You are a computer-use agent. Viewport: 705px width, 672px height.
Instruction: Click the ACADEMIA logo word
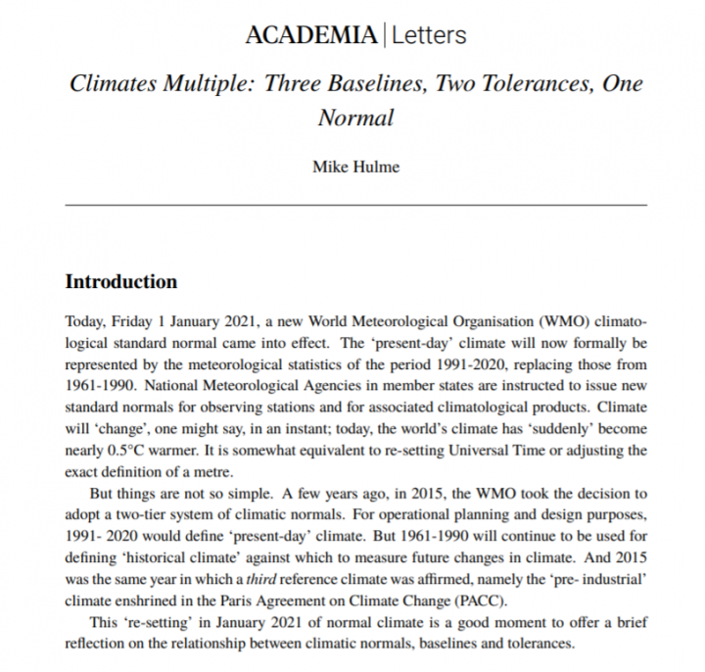(x=310, y=36)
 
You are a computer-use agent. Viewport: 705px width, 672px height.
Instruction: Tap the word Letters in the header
(x=429, y=36)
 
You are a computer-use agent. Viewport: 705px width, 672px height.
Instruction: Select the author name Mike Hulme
(x=355, y=167)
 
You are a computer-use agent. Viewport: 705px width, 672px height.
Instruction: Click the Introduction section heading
(x=120, y=282)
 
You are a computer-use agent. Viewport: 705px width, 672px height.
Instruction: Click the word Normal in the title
(x=355, y=118)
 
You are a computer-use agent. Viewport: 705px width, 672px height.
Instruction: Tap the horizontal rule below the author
(x=355, y=205)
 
